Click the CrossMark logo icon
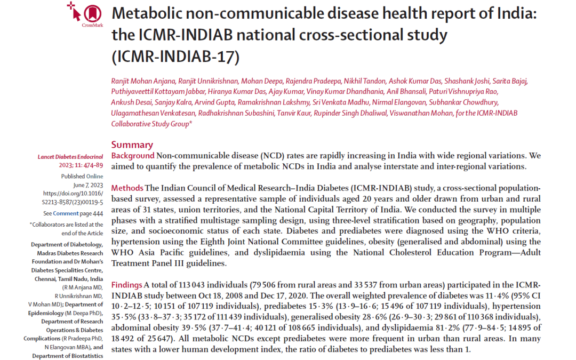(85, 14)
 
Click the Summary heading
(132, 145)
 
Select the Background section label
(133, 156)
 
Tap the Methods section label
(127, 188)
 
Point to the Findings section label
(126, 285)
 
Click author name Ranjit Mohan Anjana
(143, 81)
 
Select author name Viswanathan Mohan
(421, 113)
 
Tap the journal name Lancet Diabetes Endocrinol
(70, 157)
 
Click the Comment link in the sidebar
(66, 213)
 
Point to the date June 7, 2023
(88, 185)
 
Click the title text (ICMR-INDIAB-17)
(175, 57)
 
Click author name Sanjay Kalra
(173, 102)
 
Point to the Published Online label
(82, 177)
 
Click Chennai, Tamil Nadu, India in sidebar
(69, 279)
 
